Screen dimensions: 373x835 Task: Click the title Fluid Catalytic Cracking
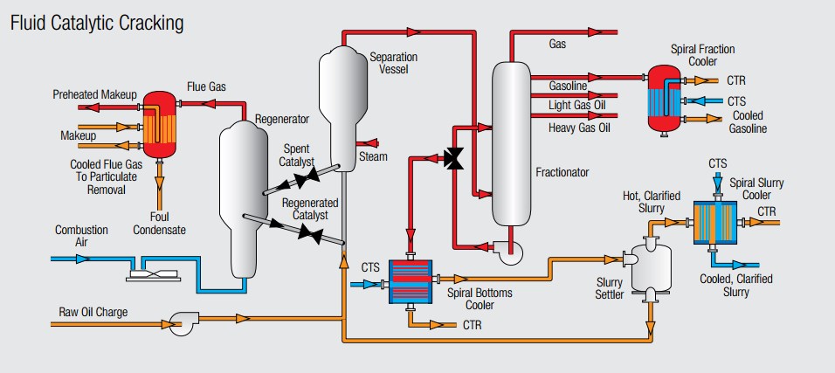point(96,24)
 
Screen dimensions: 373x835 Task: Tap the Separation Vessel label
point(393,63)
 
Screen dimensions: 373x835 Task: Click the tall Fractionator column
point(511,144)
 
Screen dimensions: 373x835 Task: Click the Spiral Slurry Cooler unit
point(716,225)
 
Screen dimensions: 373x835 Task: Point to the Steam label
point(373,157)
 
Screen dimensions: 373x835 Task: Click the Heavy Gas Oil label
point(579,128)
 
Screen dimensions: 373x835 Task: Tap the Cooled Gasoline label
point(748,122)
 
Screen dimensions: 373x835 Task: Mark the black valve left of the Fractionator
point(454,159)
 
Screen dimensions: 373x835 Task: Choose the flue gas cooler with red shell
point(159,123)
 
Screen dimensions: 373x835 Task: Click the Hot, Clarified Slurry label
point(651,202)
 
